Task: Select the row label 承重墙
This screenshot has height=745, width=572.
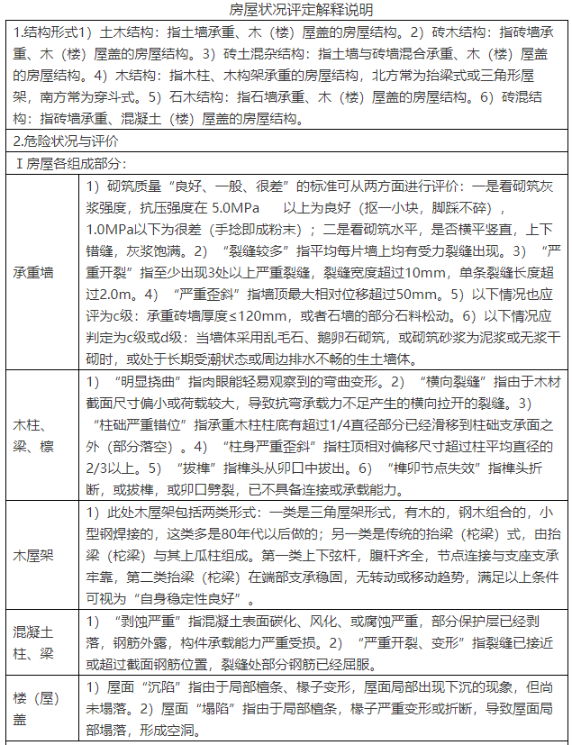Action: click(35, 270)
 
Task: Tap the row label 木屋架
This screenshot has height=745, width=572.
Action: click(35, 555)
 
